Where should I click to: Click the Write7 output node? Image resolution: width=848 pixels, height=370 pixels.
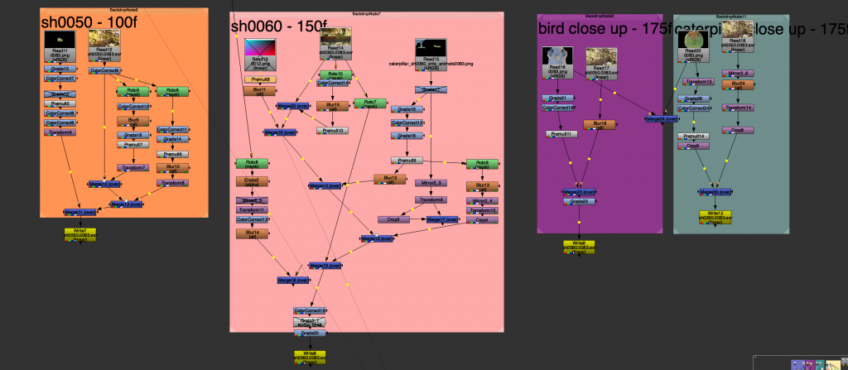pos(80,234)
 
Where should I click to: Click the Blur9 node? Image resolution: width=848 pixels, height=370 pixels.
pos(133,122)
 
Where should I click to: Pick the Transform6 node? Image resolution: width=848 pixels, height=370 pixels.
pos(60,132)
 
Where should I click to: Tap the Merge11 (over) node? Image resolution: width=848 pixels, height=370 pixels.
pos(80,212)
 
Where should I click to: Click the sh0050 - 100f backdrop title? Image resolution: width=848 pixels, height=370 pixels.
pos(84,22)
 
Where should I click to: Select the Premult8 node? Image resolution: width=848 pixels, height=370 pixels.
pos(259,79)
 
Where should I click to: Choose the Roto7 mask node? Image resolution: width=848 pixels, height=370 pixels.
pos(369,103)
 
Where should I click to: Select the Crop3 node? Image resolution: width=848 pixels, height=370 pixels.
pos(393,219)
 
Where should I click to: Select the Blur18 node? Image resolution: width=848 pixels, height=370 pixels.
pos(600,124)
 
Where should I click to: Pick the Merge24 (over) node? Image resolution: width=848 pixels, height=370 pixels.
pos(660,119)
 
